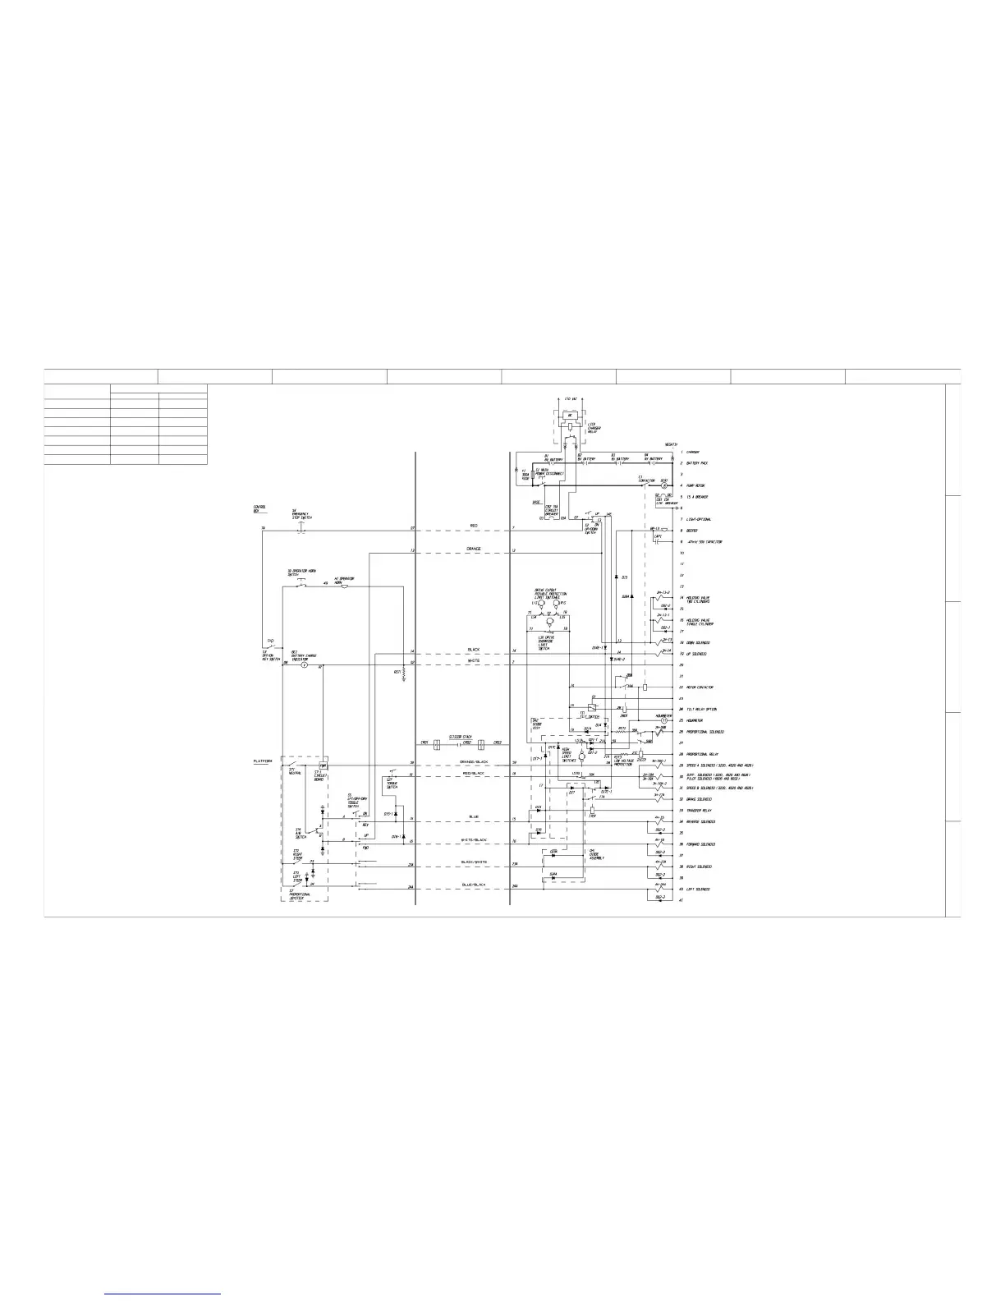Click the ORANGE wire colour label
click(473, 549)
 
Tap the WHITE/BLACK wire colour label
click(474, 840)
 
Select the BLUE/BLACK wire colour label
click(474, 885)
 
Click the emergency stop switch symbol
click(300, 529)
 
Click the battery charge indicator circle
click(303, 664)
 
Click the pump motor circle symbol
click(665, 486)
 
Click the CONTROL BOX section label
click(259, 509)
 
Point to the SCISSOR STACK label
click(461, 737)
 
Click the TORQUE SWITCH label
click(392, 784)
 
